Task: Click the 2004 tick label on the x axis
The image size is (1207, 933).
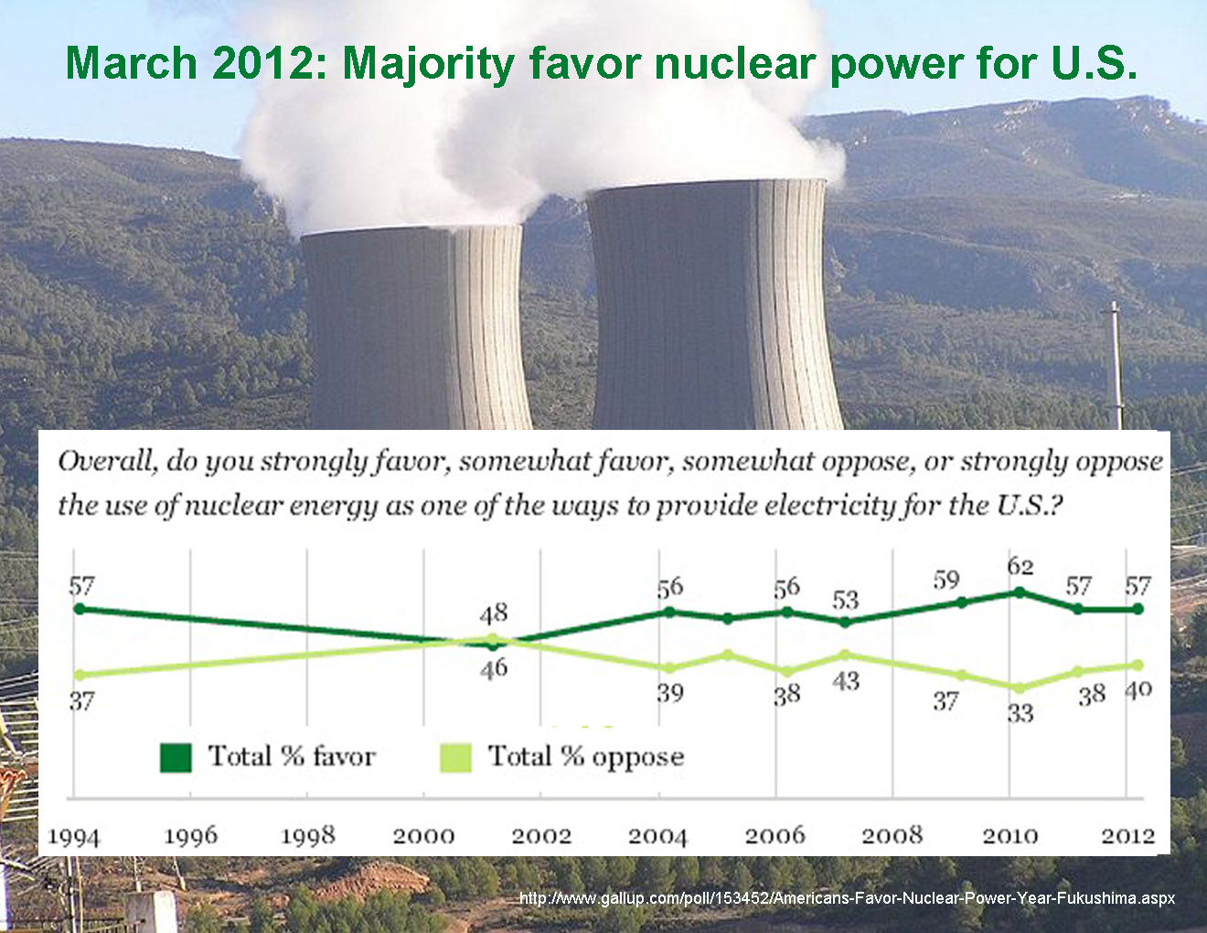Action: coord(657,835)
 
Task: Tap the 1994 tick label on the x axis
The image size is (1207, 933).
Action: coord(73,836)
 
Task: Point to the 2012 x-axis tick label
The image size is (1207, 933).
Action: coord(1127,835)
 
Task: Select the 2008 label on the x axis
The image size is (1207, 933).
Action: coord(892,835)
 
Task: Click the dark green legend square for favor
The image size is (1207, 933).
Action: coord(176,757)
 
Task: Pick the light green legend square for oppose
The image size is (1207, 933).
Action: coord(455,757)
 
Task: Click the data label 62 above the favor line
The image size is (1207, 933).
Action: coord(1020,567)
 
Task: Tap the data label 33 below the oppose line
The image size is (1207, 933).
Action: coord(1020,713)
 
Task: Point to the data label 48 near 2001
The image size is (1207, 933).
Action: coord(494,613)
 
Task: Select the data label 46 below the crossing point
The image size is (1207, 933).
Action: coord(494,669)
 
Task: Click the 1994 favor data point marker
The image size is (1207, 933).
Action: coord(79,608)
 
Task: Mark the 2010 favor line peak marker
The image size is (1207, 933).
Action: coord(1020,592)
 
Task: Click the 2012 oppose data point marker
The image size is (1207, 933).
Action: coord(1138,665)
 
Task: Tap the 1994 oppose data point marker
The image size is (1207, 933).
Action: coord(79,675)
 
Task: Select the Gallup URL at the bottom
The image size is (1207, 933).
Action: coord(847,898)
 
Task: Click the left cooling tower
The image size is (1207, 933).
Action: coord(416,329)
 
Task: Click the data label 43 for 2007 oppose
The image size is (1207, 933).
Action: coord(846,681)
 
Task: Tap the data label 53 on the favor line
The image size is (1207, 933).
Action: coord(846,600)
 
